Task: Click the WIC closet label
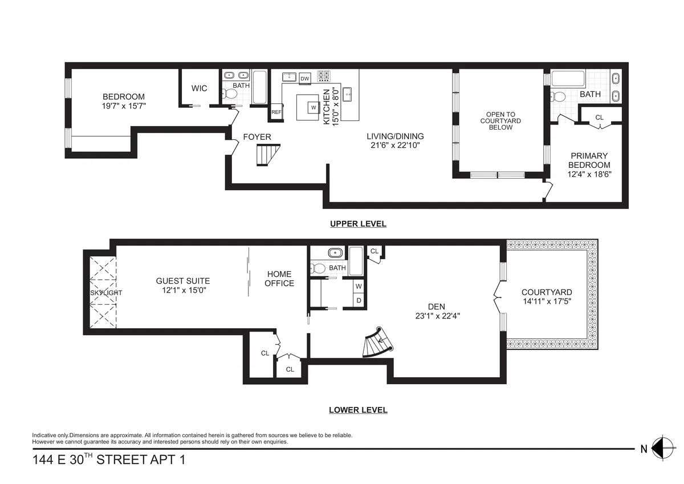(x=199, y=88)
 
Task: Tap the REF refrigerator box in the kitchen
(x=276, y=112)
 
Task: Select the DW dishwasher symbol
(x=305, y=78)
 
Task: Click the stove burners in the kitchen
(x=324, y=76)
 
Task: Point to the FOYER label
(x=257, y=137)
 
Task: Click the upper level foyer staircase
(x=268, y=155)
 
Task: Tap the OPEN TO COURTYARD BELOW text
(x=500, y=120)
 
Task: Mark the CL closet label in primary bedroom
(x=599, y=118)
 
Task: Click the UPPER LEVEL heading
(x=358, y=224)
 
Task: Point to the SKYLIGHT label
(x=105, y=293)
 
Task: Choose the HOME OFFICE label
(x=279, y=279)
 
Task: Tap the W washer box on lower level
(x=359, y=286)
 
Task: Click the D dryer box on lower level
(x=359, y=300)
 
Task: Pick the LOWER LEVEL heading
(x=358, y=410)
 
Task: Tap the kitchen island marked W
(x=312, y=106)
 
